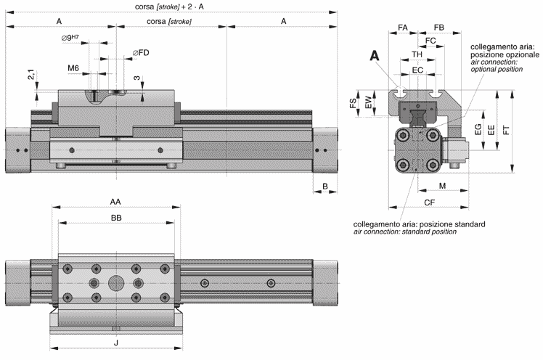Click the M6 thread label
tap(73, 68)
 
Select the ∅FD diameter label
tap(141, 53)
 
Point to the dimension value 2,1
tap(30, 75)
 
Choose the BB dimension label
tap(115, 217)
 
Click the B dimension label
tap(325, 187)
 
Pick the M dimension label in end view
tap(441, 187)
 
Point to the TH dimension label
tap(417, 55)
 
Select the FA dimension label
tap(403, 28)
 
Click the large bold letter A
tap(375, 55)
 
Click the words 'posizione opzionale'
tap(505, 55)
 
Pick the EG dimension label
tap(477, 131)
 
